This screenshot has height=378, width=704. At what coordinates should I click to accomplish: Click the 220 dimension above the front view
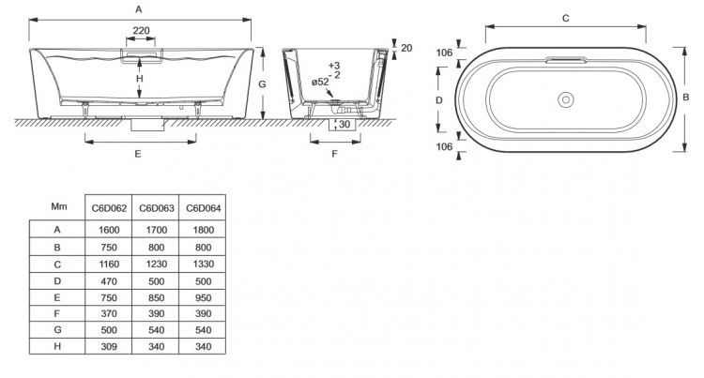pos(140,31)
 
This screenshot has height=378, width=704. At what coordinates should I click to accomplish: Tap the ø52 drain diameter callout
pos(320,82)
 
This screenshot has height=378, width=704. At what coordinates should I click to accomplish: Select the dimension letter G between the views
pos(264,84)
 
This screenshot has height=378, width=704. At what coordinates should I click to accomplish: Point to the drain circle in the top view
pos(566,98)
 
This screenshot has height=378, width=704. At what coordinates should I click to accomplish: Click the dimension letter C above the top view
pos(565,18)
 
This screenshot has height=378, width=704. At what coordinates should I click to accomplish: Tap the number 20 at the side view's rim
pos(406,48)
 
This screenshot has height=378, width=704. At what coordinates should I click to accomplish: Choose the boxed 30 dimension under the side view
pos(344,124)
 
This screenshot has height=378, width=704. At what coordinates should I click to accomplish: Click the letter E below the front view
pos(138,153)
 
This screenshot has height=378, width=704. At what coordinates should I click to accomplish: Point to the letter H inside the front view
pos(139,80)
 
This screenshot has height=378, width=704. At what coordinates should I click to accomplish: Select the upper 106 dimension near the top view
pos(445,53)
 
